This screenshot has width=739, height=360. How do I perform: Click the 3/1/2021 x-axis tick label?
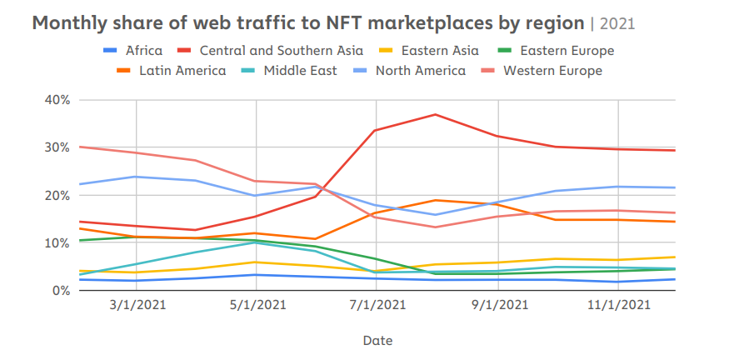(137, 305)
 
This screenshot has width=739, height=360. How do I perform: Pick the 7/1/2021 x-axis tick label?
(377, 305)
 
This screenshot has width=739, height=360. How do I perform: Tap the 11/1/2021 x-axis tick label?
(617, 305)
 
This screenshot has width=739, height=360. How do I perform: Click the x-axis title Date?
(377, 340)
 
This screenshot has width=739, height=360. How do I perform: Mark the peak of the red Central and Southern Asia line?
(436, 114)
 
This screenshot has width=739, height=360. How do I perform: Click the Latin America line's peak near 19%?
(436, 200)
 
